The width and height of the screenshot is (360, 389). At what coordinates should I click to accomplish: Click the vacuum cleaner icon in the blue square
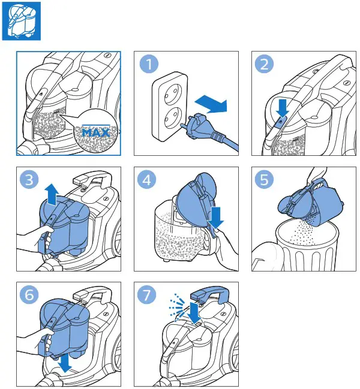click(x=22, y=21)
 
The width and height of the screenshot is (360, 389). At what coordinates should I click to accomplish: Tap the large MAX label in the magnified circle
click(x=96, y=132)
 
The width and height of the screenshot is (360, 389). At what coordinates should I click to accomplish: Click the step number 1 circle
click(x=149, y=64)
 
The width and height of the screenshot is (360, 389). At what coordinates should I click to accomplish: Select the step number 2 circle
click(x=265, y=64)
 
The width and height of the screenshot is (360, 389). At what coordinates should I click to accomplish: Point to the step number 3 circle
click(x=29, y=179)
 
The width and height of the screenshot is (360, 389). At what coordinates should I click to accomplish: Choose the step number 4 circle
click(x=147, y=179)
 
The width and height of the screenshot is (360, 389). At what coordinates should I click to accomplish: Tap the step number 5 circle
click(x=265, y=179)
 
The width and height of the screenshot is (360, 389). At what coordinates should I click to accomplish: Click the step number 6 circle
click(x=29, y=294)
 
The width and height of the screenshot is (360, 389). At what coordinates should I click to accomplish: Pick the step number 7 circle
click(x=147, y=294)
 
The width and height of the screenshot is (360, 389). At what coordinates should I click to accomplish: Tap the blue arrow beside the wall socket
click(x=212, y=104)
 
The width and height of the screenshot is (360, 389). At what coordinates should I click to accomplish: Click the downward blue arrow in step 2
click(x=282, y=107)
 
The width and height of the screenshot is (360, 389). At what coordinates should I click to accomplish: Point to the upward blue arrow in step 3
click(x=52, y=194)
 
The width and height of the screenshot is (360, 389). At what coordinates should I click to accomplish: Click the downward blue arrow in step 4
click(x=216, y=218)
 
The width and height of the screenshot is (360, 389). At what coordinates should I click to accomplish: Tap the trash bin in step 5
click(x=307, y=245)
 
